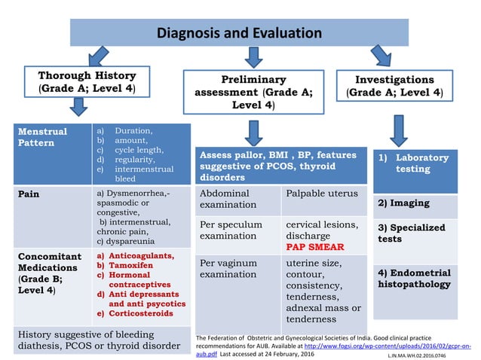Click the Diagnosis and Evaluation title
tap(240, 33)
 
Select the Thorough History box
tap(87, 84)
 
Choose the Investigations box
tap(394, 86)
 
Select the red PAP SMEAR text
tap(316, 246)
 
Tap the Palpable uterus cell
tap(323, 194)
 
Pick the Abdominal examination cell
tap(237, 199)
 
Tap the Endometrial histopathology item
tap(415, 279)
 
